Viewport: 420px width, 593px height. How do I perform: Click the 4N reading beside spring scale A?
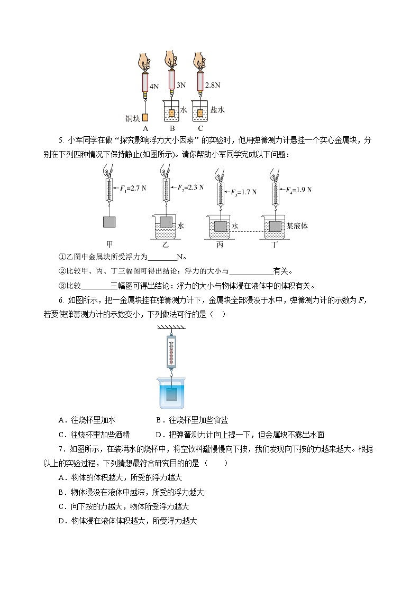pyautogui.click(x=154, y=86)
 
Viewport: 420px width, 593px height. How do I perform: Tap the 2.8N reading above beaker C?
pyautogui.click(x=212, y=84)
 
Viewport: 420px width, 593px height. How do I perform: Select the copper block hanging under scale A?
pyautogui.click(x=145, y=117)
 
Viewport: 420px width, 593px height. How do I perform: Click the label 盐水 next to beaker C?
pyautogui.click(x=217, y=110)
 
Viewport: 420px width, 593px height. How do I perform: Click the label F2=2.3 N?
pyautogui.click(x=189, y=187)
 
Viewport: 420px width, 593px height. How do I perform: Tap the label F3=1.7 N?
pyautogui.click(x=241, y=192)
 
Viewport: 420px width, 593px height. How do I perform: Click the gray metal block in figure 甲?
pyautogui.click(x=109, y=222)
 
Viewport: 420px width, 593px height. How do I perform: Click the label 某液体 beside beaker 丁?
pyautogui.click(x=297, y=225)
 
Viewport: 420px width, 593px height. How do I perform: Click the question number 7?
pyautogui.click(x=62, y=449)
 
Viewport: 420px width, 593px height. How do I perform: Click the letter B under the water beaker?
pyautogui.click(x=172, y=128)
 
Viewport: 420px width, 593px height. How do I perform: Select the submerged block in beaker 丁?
pyautogui.click(x=275, y=227)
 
